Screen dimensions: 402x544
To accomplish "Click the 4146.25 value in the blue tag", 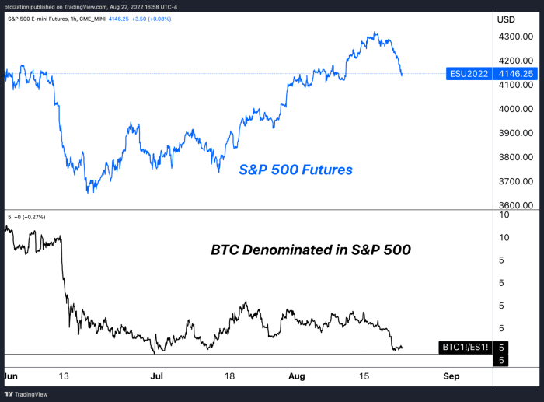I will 516,75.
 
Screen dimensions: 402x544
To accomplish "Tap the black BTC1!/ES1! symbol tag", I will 464,347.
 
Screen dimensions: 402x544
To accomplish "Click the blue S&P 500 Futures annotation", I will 295,170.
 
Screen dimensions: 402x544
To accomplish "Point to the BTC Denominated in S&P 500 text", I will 310,251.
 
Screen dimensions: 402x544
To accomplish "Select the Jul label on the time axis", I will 156,376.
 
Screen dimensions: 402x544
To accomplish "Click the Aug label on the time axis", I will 297,376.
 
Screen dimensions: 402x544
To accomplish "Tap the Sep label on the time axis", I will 452,376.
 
